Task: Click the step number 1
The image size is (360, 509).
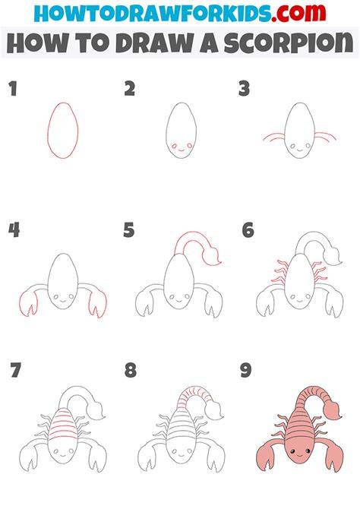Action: (x=13, y=89)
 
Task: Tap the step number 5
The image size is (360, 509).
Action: (x=129, y=230)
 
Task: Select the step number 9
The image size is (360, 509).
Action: (x=246, y=370)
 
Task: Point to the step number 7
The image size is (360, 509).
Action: (x=16, y=370)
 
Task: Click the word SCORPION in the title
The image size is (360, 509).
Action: (x=289, y=43)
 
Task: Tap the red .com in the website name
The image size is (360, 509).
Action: (x=298, y=13)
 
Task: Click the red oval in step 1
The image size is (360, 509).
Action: (x=47, y=130)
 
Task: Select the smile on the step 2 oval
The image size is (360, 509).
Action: (x=181, y=150)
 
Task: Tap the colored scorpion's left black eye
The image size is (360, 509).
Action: (x=292, y=451)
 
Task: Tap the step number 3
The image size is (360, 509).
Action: (x=244, y=89)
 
